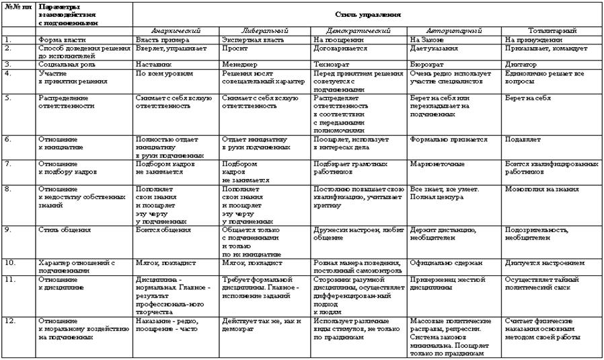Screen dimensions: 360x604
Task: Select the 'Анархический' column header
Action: [x=176, y=31]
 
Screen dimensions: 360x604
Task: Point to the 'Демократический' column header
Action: [x=359, y=31]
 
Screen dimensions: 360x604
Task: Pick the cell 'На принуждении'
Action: [x=529, y=40]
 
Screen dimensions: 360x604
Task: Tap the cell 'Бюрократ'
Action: [x=424, y=64]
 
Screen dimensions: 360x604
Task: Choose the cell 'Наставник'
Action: [x=151, y=64]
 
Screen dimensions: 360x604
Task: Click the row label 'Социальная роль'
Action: [x=65, y=64]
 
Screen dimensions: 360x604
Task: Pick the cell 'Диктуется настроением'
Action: [x=543, y=262]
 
